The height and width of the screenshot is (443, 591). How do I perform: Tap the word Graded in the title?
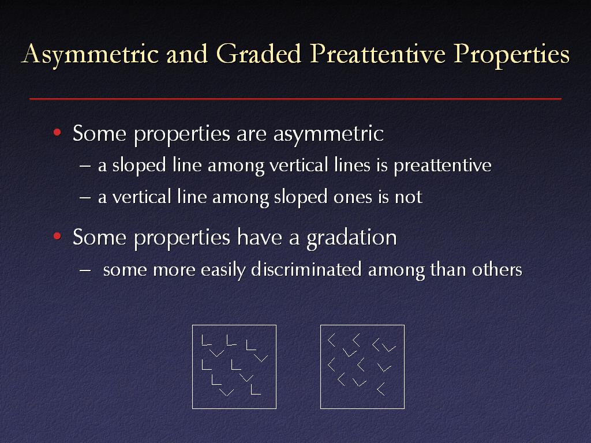pyautogui.click(x=259, y=53)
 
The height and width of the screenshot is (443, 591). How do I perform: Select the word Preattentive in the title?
pyautogui.click(x=377, y=53)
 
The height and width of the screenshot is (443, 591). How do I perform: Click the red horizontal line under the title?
pyautogui.click(x=295, y=99)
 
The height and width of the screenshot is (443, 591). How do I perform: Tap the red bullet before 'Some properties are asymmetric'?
pyautogui.click(x=57, y=132)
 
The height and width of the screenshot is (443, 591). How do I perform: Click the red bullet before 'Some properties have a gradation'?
pyautogui.click(x=57, y=236)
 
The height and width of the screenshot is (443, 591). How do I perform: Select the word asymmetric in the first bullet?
pyautogui.click(x=328, y=134)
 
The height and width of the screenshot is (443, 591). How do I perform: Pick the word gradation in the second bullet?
pyautogui.click(x=351, y=238)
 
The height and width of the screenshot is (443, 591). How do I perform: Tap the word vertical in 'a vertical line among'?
pyautogui.click(x=142, y=197)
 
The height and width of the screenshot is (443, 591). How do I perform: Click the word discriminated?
pyautogui.click(x=306, y=269)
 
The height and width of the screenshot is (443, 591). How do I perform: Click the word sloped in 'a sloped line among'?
pyautogui.click(x=139, y=166)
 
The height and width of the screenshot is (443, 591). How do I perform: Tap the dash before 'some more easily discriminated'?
pyautogui.click(x=85, y=270)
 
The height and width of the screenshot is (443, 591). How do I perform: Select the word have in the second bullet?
pyautogui.click(x=260, y=238)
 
